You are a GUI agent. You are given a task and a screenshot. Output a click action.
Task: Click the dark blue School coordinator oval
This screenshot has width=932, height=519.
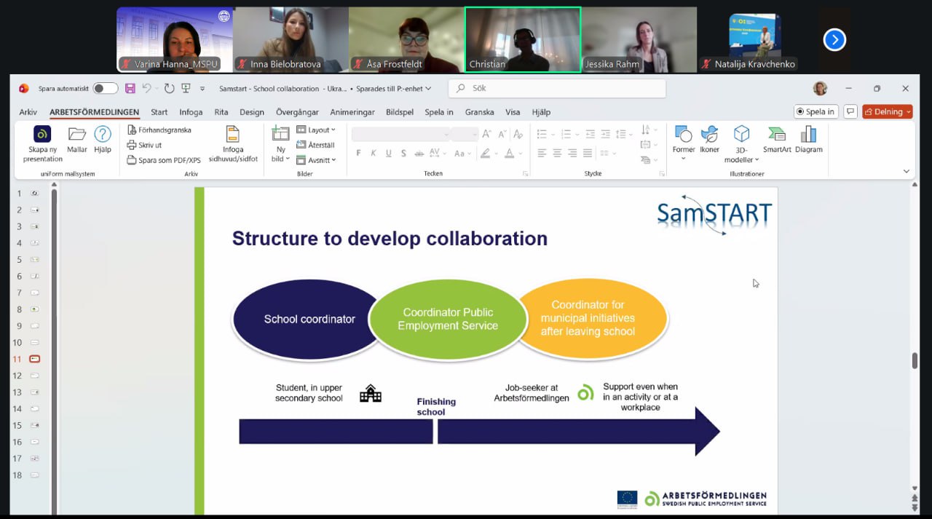[306, 319]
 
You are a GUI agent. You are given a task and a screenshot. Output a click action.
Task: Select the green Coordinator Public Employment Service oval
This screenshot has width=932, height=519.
[448, 320]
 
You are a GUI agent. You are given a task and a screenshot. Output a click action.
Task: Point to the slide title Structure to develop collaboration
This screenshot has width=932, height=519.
[390, 239]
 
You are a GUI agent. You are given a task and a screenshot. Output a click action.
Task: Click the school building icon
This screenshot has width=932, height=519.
[371, 394]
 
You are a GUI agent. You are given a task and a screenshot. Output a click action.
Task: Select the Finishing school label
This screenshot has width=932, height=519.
[436, 407]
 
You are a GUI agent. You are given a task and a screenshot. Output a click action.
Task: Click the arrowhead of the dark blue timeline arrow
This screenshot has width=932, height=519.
[706, 431]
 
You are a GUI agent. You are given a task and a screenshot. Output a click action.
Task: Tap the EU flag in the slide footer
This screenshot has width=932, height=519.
[627, 499]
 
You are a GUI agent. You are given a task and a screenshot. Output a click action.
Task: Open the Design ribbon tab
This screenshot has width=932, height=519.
[252, 112]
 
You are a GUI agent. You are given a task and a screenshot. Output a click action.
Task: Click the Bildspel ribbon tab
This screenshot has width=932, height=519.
[400, 112]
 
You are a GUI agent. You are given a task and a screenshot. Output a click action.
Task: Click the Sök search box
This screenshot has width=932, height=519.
[557, 88]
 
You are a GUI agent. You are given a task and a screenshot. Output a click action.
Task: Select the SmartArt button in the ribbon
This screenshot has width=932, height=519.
[777, 139]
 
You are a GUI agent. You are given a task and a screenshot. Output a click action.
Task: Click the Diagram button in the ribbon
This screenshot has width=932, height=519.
[808, 139]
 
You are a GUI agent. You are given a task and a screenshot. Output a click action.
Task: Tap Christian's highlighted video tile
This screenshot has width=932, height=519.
[523, 39]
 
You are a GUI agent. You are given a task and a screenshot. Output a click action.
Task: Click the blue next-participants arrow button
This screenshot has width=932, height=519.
[834, 39]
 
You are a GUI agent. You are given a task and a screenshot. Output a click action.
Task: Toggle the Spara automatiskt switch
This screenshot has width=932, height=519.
[106, 88]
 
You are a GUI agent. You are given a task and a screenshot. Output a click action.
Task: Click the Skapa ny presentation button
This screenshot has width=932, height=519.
[43, 143]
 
